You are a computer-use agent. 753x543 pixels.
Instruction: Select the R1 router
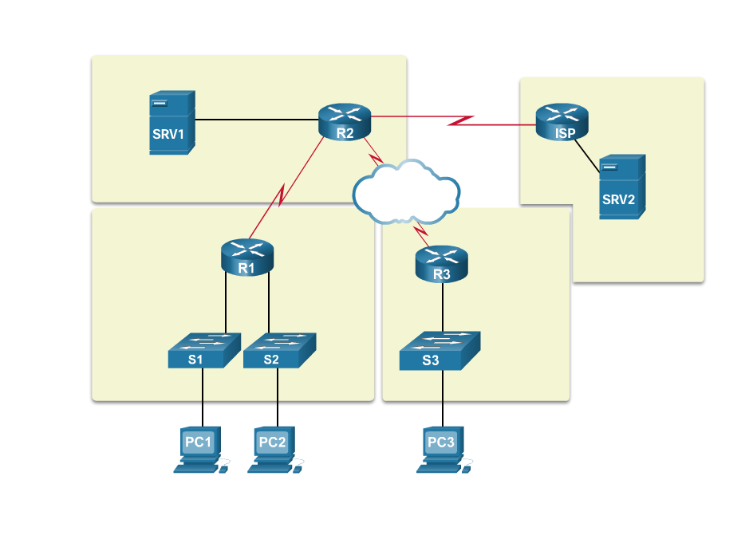[246, 258]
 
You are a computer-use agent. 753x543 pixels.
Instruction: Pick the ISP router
[562, 123]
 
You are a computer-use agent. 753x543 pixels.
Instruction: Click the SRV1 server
[171, 123]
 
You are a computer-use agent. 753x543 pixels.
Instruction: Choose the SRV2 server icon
[621, 187]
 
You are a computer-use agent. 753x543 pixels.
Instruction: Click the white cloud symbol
[405, 192]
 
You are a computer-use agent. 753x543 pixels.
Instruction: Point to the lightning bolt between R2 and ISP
[460, 121]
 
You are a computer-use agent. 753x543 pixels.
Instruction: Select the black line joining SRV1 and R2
[255, 120]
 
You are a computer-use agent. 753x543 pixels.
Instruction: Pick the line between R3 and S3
[443, 306]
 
